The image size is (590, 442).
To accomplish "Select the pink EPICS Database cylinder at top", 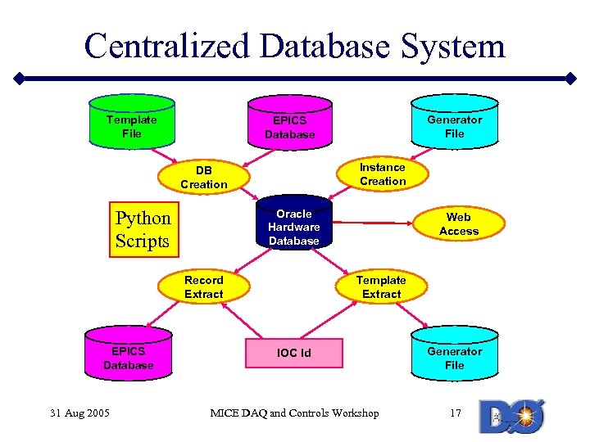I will (x=290, y=124).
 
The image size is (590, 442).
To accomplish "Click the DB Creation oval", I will (x=204, y=177).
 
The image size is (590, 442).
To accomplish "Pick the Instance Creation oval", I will (x=382, y=174).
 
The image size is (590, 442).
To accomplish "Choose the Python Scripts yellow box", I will (x=143, y=229).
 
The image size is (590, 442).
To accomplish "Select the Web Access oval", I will (x=458, y=224).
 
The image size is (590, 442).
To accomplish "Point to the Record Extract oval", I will (x=203, y=286).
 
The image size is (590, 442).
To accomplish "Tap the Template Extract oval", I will (x=381, y=286).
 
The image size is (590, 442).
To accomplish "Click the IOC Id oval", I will (x=293, y=353).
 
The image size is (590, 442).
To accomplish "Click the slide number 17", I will (x=456, y=413).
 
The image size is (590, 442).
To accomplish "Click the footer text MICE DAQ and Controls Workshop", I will (x=294, y=413).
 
